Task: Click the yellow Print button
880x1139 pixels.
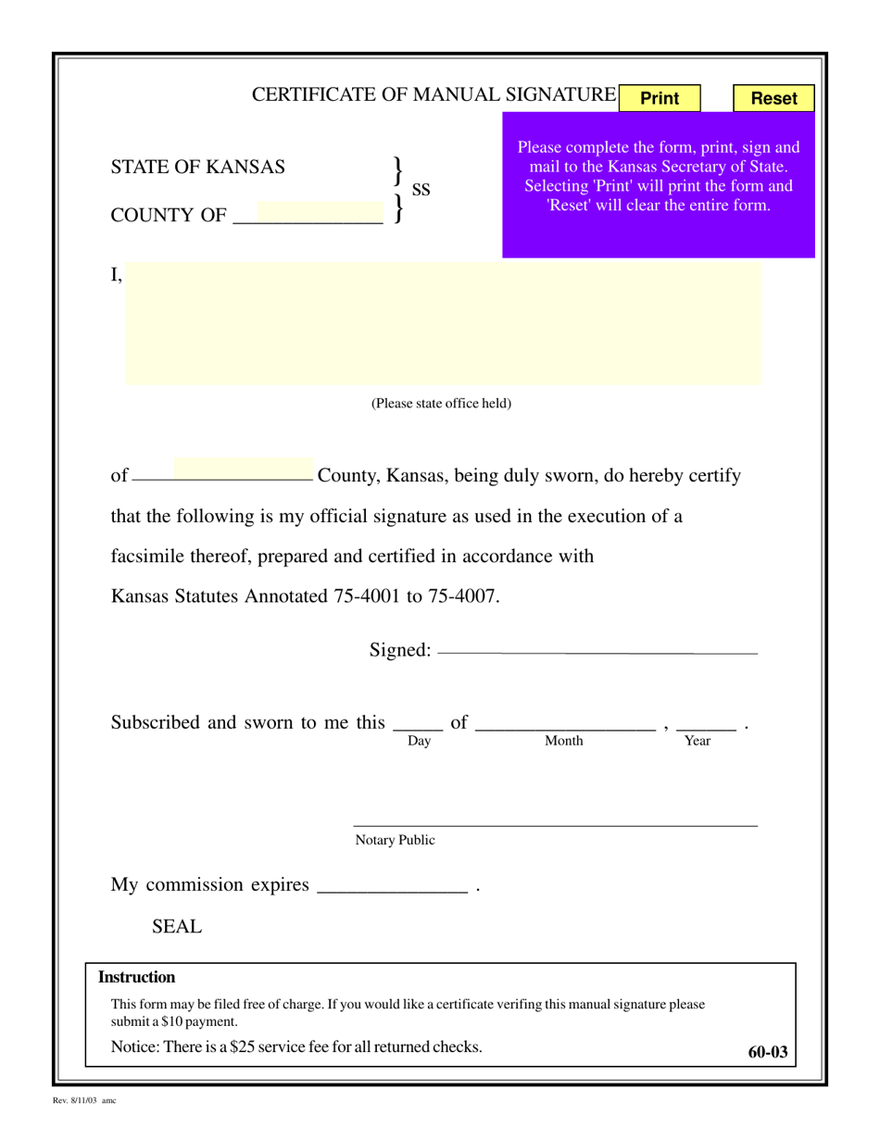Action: pyautogui.click(x=660, y=98)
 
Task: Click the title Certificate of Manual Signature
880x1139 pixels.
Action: pyautogui.click(x=434, y=94)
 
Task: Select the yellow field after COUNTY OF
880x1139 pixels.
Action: pyautogui.click(x=319, y=214)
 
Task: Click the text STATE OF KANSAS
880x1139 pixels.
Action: pyautogui.click(x=198, y=168)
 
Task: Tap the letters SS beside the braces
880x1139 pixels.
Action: pyautogui.click(x=421, y=190)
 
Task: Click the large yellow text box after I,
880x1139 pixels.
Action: pyautogui.click(x=443, y=323)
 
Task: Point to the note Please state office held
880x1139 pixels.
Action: pyautogui.click(x=441, y=404)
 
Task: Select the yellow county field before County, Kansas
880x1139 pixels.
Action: pyautogui.click(x=243, y=469)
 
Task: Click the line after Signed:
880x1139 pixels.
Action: pyautogui.click(x=597, y=652)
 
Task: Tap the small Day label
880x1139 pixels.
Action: pyautogui.click(x=419, y=741)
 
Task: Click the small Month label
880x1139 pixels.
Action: pyautogui.click(x=563, y=741)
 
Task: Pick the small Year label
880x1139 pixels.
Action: pyautogui.click(x=697, y=741)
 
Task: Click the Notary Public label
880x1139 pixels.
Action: pyautogui.click(x=395, y=841)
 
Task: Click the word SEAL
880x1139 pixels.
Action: pyautogui.click(x=176, y=927)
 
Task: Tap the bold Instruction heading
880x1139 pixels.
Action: pyautogui.click(x=137, y=978)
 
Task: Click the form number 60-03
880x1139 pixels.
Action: pyautogui.click(x=768, y=1052)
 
